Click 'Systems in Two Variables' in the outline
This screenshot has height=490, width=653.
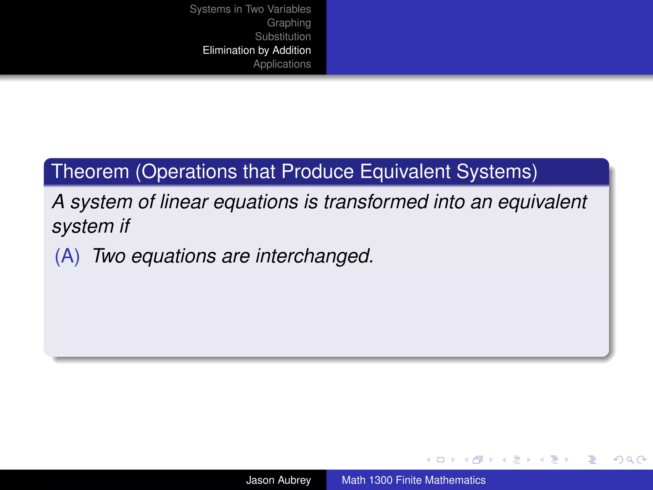[x=250, y=9]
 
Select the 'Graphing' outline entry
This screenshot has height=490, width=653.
[x=289, y=23]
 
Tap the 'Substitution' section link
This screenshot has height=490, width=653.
[x=282, y=37]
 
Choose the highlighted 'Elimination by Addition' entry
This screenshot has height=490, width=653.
[x=257, y=50]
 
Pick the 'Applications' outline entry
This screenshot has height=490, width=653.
[x=282, y=64]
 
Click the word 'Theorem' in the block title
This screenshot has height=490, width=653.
[x=90, y=172]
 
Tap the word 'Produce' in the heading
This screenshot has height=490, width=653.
[x=317, y=172]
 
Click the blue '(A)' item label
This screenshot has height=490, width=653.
[x=67, y=256]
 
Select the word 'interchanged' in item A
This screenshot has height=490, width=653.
[x=314, y=256]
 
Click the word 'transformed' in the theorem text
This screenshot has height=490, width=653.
[x=376, y=202]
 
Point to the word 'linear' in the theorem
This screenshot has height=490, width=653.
[x=184, y=202]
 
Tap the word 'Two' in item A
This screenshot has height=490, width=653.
[x=109, y=256]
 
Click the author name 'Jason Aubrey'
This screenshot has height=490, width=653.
[x=278, y=480]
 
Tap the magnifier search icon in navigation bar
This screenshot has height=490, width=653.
[x=630, y=460]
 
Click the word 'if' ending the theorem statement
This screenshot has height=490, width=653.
[x=125, y=226]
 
